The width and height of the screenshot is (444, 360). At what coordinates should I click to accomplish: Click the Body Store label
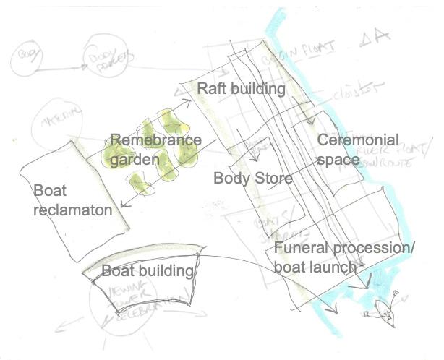coord(252,177)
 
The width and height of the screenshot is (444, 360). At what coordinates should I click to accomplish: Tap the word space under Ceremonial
coord(338,160)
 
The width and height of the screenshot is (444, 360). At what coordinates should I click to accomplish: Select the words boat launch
coord(315,267)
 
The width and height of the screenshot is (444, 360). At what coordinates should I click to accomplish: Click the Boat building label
coord(149,271)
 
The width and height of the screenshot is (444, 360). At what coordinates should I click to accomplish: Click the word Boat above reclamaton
coord(50,191)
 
